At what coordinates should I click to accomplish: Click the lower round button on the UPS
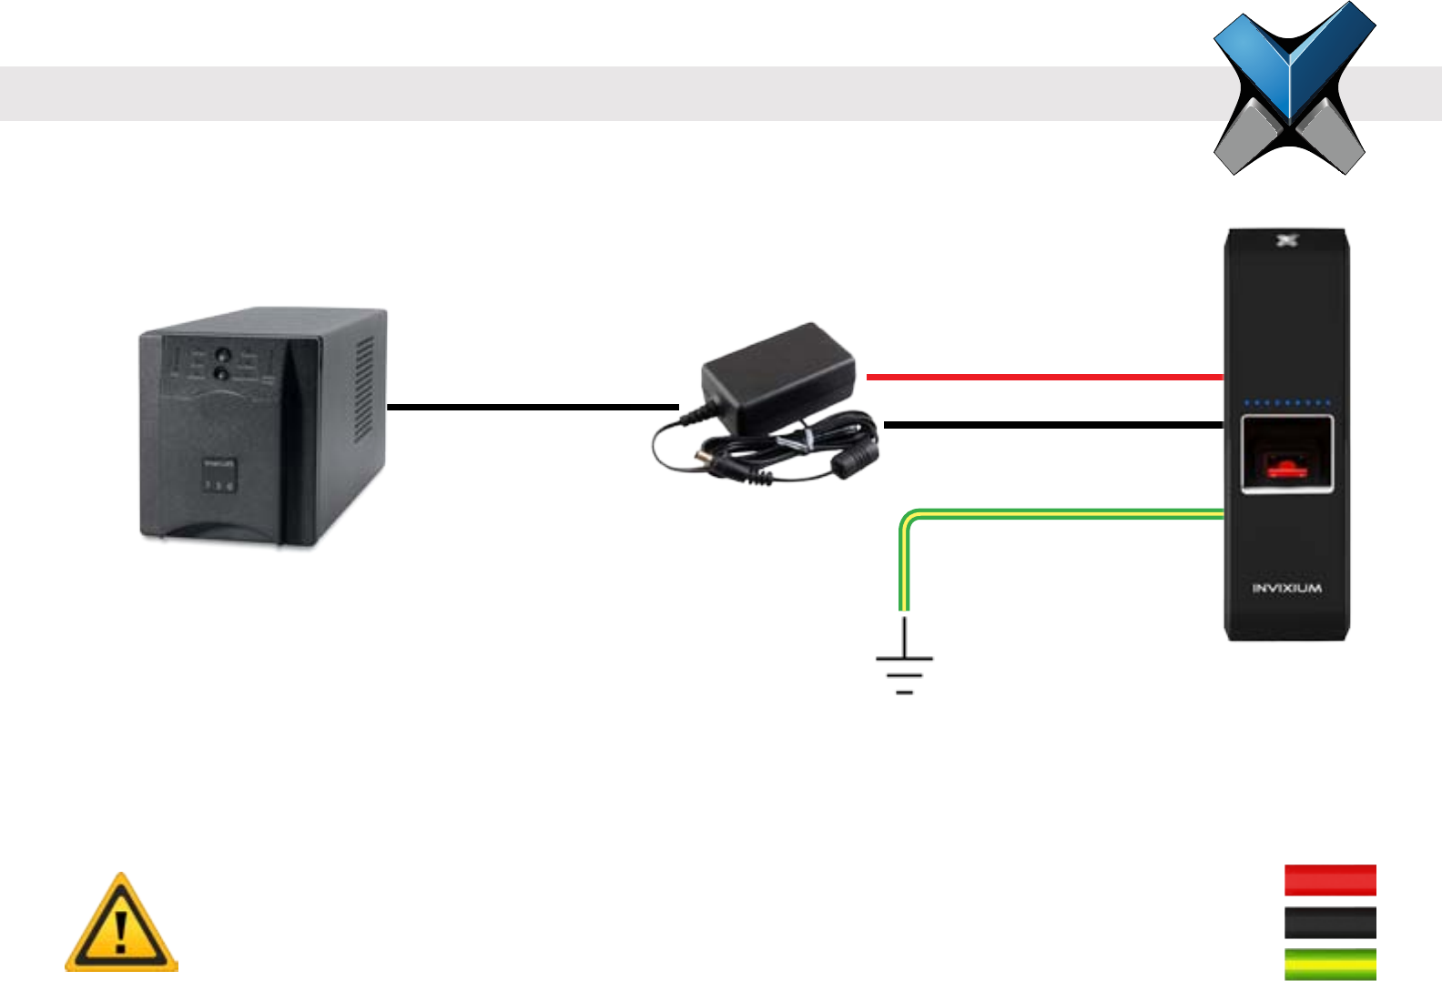220,374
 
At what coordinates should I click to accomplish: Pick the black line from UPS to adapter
533,407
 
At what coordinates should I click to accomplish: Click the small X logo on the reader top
1285,241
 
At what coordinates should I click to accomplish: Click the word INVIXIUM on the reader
1286,589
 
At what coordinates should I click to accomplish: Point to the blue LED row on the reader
1287,402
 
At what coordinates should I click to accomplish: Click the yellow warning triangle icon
121,925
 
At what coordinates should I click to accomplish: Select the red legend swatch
1330,881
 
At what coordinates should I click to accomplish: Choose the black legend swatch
1330,923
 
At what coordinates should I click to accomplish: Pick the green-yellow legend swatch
1330,963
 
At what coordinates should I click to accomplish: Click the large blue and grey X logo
1293,88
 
